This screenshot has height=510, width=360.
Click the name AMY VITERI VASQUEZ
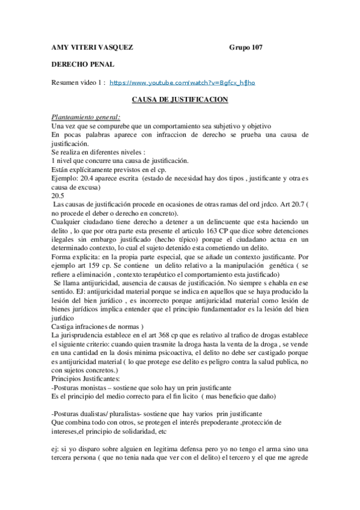pos(92,47)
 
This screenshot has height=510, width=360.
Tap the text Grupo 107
pos(246,47)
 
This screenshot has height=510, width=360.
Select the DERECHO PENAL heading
pos(82,64)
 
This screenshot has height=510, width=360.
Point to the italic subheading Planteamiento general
pos(86,117)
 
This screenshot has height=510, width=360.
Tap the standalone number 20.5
pos(58,195)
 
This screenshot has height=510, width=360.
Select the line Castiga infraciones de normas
pos(97,326)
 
